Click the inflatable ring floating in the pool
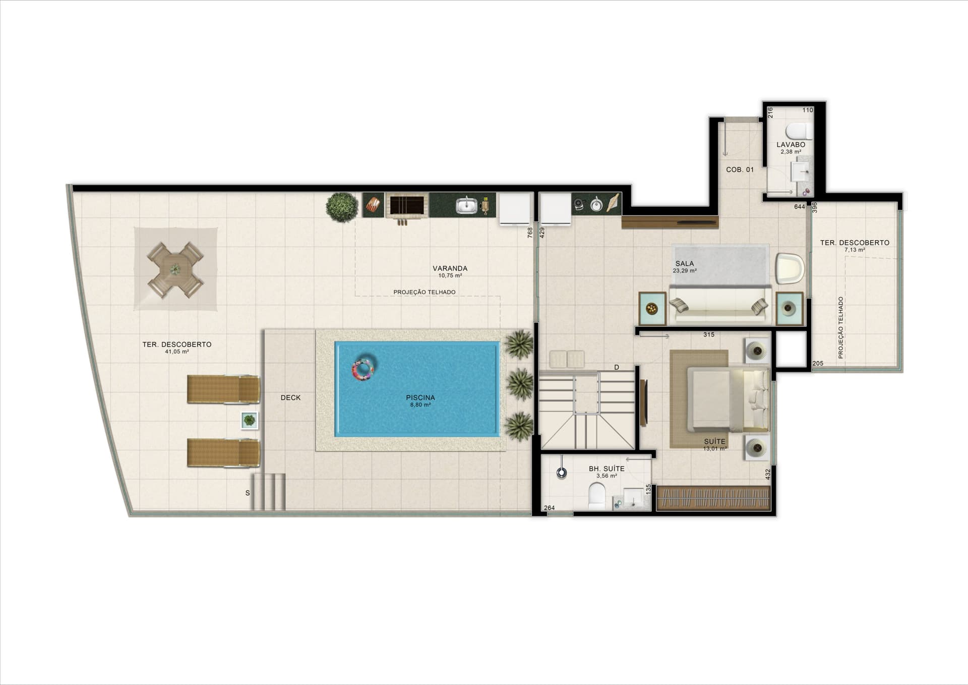(363, 369)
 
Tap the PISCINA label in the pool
(420, 397)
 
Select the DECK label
(290, 397)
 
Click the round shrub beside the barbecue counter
(342, 207)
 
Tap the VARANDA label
(450, 268)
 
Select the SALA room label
(684, 263)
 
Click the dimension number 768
(530, 233)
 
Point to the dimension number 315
(708, 334)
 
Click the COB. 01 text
(740, 169)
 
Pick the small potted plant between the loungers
(249, 420)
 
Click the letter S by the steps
(248, 493)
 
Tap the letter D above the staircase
(616, 367)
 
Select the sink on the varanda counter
(467, 205)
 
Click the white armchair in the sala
(790, 268)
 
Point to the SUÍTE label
(714, 441)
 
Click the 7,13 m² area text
(855, 250)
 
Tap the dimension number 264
(549, 508)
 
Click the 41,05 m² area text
(176, 352)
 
